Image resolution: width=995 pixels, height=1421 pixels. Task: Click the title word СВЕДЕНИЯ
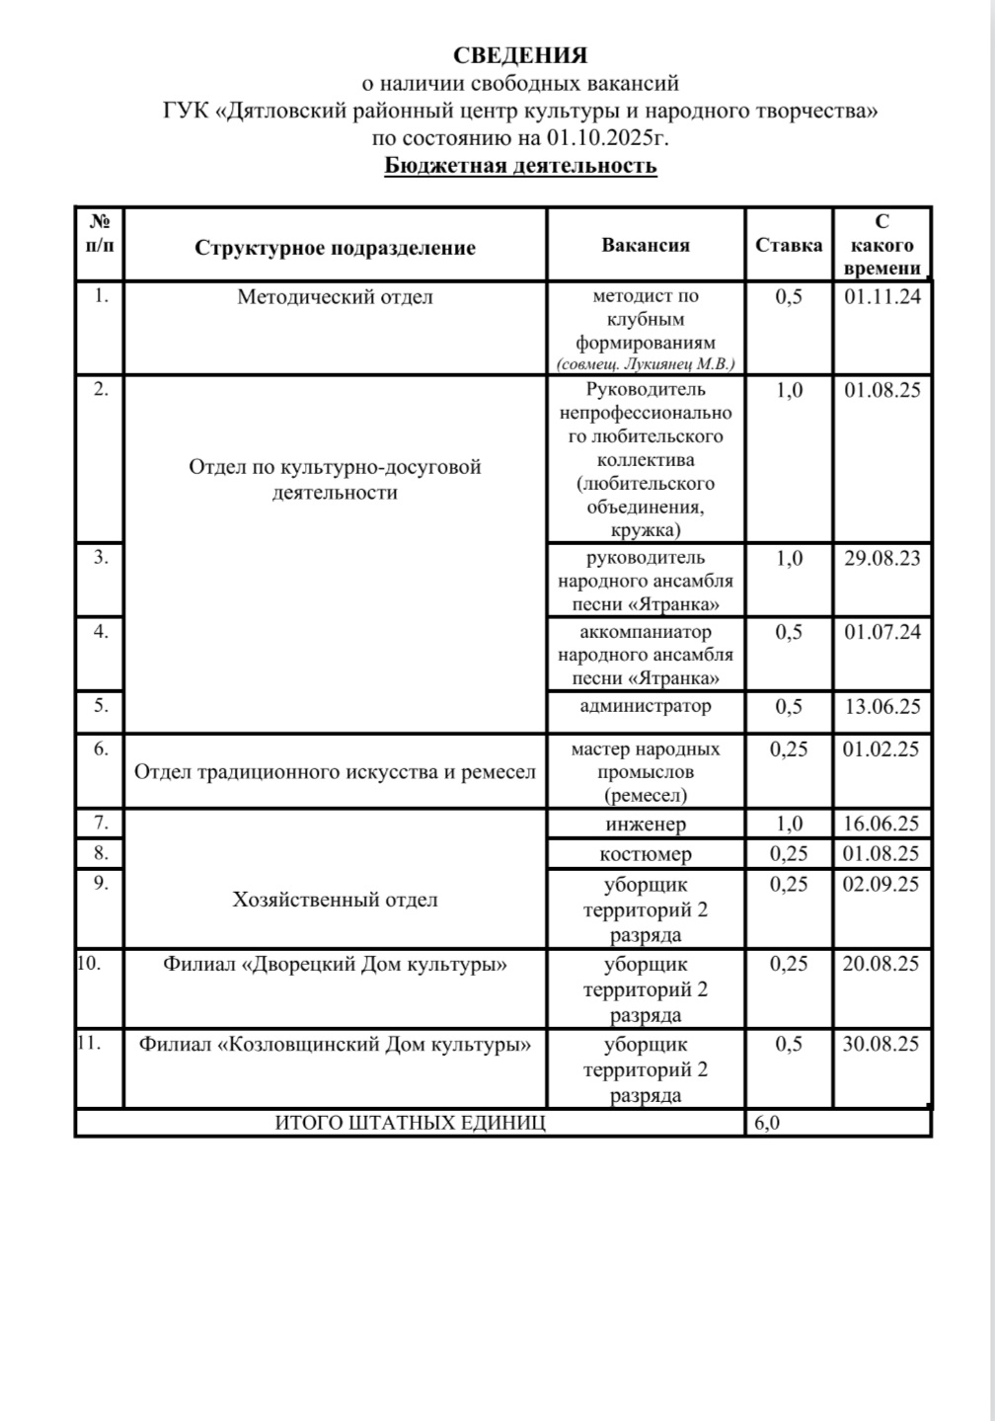(520, 55)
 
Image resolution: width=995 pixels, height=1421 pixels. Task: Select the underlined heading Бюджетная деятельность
(520, 165)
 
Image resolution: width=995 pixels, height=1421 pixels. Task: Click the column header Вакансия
(646, 245)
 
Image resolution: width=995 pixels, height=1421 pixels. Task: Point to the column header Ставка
(789, 245)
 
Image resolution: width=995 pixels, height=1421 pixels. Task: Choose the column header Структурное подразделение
(335, 248)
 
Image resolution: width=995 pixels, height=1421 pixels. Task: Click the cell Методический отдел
(335, 296)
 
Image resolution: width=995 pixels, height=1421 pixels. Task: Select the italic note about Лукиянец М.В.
(646, 364)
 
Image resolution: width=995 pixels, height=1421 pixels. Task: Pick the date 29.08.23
(881, 558)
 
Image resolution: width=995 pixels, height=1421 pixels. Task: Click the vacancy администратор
(646, 706)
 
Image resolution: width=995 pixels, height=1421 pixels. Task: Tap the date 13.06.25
(881, 707)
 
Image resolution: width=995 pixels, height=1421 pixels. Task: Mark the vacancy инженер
(646, 824)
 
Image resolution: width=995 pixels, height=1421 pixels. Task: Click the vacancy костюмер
(646, 854)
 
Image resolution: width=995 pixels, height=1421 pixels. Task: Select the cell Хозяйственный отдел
(335, 900)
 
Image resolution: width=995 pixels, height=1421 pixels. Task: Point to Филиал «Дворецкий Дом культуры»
(335, 964)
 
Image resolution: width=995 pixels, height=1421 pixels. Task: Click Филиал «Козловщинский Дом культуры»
(335, 1044)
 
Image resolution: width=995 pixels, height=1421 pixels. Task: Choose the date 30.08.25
(881, 1044)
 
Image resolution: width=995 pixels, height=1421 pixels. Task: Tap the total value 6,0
(767, 1123)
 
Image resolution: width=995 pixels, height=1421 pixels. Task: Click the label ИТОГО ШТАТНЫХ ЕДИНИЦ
(410, 1123)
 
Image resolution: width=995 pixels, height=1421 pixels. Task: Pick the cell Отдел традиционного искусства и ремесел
(335, 771)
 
